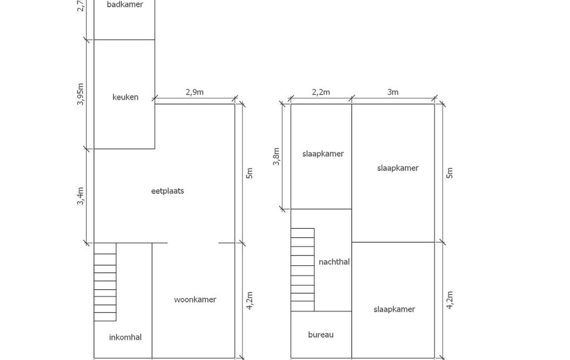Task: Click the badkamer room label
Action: point(125,4)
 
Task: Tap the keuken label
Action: point(125,97)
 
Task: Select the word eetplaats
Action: point(168,191)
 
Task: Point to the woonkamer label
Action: point(195,300)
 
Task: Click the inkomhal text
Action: point(125,337)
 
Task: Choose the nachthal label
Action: point(334,262)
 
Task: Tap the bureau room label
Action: point(321,335)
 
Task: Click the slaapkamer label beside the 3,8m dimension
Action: point(323,154)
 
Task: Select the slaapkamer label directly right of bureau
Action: point(394,309)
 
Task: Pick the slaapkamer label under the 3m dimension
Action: point(398,168)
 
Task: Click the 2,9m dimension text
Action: point(194,92)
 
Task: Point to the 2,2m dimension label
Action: point(321,93)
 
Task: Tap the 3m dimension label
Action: point(392,93)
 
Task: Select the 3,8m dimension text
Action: point(276,157)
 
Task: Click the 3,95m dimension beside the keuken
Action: point(80,95)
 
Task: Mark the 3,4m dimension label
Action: point(80,196)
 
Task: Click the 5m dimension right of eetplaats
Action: point(249,173)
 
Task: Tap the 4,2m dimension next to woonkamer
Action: point(249,301)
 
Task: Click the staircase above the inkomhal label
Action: point(105,282)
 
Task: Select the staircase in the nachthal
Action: point(302,269)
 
